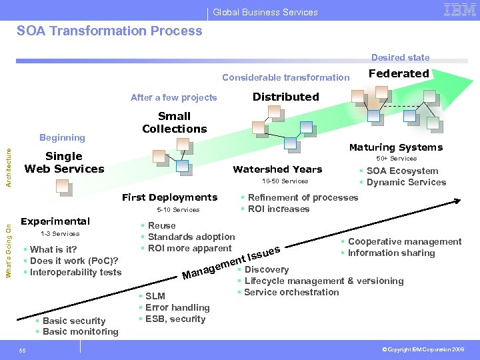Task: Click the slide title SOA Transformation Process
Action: tap(109, 31)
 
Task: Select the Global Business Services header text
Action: tap(265, 12)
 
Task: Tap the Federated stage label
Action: tap(399, 74)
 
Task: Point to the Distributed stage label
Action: tap(285, 97)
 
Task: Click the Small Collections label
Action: tap(174, 123)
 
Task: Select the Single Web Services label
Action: tap(64, 163)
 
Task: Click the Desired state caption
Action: tap(400, 58)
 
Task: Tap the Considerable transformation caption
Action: tap(285, 77)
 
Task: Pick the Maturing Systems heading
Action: tap(396, 147)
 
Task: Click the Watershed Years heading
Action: tap(277, 169)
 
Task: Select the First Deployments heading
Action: tap(169, 197)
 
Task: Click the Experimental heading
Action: tap(55, 221)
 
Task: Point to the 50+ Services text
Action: tap(396, 159)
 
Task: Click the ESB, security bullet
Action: tap(175, 319)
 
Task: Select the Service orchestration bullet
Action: tap(291, 292)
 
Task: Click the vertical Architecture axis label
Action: tap(8, 167)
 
